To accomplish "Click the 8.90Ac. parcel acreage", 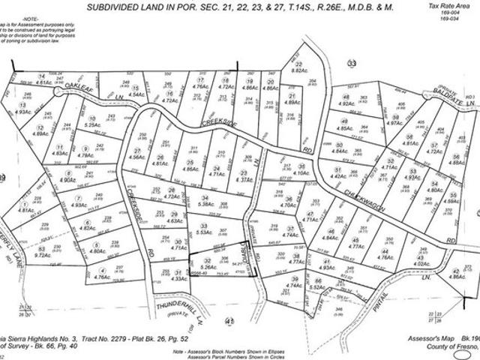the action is [68, 180].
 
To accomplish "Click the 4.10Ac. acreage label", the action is [300, 173].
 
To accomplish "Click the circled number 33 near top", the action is [352, 64].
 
